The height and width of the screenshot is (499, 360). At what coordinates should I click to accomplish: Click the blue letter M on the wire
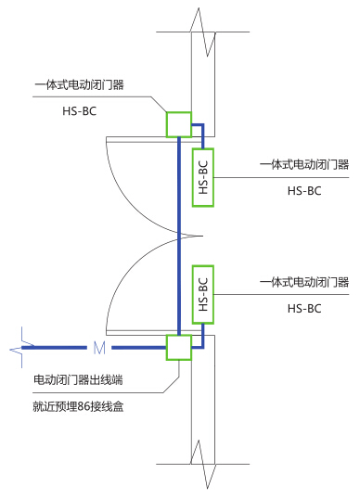tap(99, 348)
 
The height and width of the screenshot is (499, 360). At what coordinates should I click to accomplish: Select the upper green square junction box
tap(179, 124)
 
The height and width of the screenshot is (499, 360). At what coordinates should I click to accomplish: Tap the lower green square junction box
tap(179, 348)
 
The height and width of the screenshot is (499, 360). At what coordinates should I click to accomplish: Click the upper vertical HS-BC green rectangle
tap(203, 177)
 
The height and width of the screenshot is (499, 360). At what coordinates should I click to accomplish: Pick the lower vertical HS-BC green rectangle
tap(203, 295)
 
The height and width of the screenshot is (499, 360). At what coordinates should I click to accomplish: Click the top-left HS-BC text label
tap(79, 111)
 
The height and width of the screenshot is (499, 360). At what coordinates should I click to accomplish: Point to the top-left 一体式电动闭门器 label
tap(79, 85)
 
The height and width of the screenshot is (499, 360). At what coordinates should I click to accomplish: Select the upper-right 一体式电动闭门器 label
tap(304, 164)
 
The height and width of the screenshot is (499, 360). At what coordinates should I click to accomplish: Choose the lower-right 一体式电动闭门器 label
tap(304, 282)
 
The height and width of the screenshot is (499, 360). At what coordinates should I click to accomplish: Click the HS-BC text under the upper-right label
tap(304, 191)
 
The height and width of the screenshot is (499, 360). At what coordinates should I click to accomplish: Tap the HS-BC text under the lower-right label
tap(304, 308)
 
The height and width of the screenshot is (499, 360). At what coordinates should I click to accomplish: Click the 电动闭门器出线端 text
tap(78, 380)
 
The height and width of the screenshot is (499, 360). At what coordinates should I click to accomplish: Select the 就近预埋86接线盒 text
tap(78, 406)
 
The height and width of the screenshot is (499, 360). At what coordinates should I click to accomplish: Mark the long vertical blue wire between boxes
tap(179, 236)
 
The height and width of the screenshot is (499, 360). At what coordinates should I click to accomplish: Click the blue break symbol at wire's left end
tap(21, 348)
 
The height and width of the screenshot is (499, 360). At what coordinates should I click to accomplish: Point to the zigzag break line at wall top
tap(203, 32)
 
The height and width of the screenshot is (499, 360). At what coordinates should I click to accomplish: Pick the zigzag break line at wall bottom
tap(203, 465)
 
